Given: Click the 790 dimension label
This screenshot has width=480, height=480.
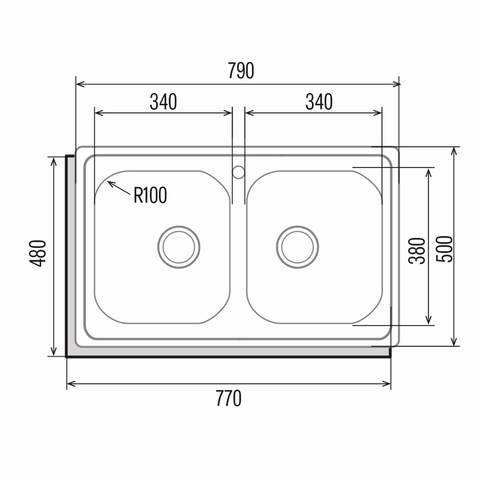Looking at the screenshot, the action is click(x=241, y=71).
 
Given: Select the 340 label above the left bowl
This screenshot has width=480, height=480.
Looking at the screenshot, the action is click(x=163, y=101).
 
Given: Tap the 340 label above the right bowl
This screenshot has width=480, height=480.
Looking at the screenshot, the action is click(x=319, y=102).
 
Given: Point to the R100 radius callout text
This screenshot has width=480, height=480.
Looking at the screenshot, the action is click(x=151, y=195).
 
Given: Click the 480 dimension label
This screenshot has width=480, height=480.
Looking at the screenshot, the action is click(x=38, y=253).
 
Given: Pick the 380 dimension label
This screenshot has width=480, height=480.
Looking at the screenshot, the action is click(x=417, y=251).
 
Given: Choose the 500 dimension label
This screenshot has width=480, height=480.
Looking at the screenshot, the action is click(x=444, y=249).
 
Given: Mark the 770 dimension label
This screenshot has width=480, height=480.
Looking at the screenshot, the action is click(x=229, y=398).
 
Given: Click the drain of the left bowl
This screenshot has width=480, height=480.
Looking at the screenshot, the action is click(x=179, y=247).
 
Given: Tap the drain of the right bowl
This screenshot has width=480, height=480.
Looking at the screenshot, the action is click(x=297, y=247).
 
